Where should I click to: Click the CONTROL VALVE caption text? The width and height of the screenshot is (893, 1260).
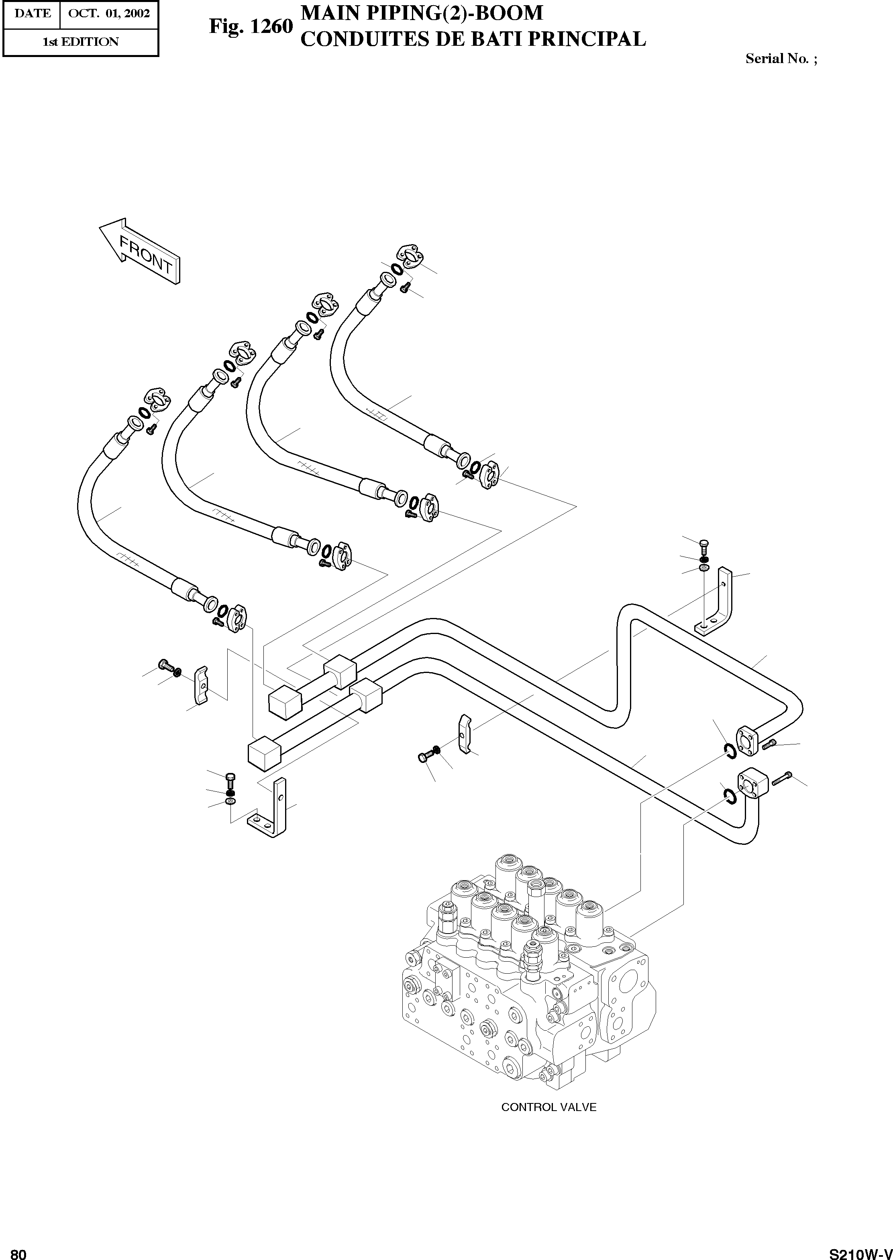click(548, 1107)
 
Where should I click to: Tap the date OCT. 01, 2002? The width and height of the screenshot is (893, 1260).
click(108, 13)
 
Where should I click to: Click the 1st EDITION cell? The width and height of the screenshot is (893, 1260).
click(80, 42)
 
